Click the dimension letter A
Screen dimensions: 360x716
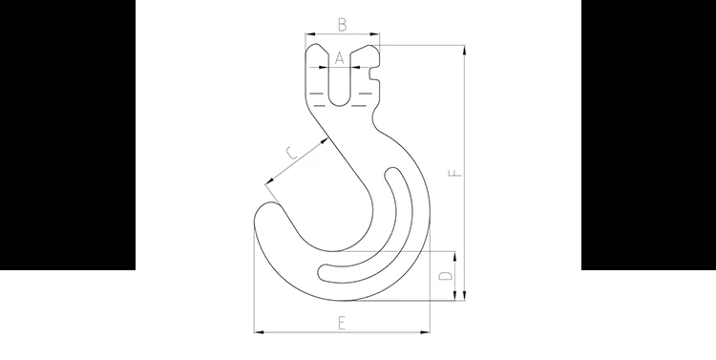pyautogui.click(x=339, y=58)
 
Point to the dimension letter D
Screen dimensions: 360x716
pyautogui.click(x=444, y=276)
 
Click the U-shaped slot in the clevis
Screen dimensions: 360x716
pyautogui.click(x=339, y=91)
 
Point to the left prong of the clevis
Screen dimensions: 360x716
pyautogui.click(x=317, y=76)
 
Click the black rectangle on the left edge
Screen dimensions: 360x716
pyautogui.click(x=67, y=134)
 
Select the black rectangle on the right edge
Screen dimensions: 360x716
pyautogui.click(x=648, y=134)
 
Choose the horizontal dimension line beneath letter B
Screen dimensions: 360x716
pyautogui.click(x=342, y=36)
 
